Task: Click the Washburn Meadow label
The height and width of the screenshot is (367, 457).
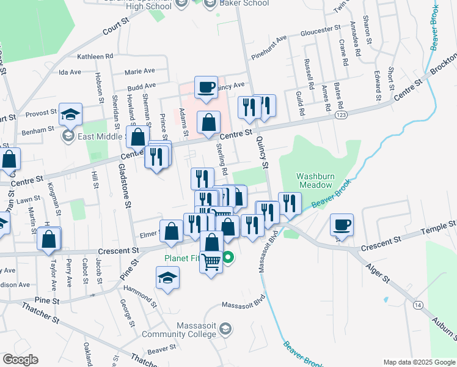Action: coord(314,180)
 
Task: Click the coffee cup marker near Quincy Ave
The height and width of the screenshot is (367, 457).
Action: coord(207,86)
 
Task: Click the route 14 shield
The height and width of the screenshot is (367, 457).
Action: coord(418,305)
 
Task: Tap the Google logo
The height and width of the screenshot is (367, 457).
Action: coord(20,360)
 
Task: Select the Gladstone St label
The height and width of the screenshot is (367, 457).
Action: coord(125,187)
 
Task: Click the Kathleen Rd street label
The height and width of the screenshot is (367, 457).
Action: coord(95,56)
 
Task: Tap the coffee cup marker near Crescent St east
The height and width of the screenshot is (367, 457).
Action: coord(342,224)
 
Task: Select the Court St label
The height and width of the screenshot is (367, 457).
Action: coord(117,29)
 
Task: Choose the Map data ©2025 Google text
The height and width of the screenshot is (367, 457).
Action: coord(419,361)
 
